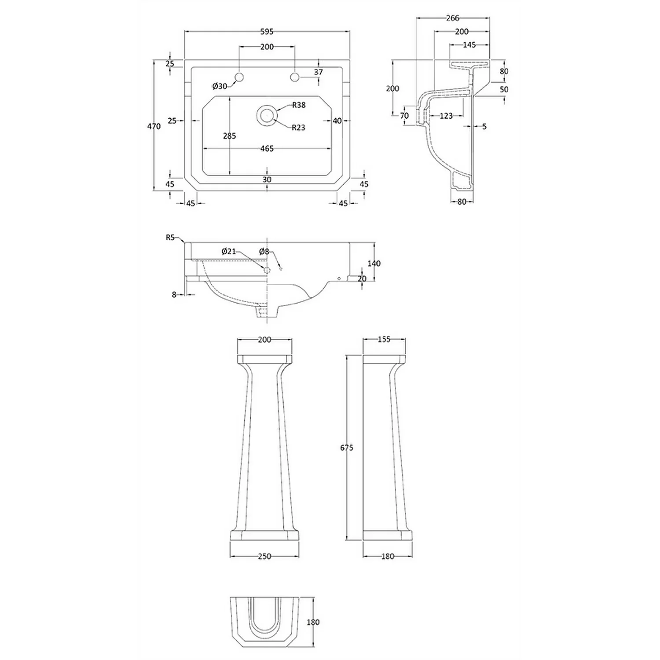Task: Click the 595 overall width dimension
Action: coord(267,32)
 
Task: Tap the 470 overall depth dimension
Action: coord(154,126)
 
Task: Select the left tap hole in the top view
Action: coord(239,77)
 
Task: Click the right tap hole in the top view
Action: coord(295,77)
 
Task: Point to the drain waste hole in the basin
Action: coord(266,115)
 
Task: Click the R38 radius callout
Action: coord(299,105)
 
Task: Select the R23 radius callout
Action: coord(298,128)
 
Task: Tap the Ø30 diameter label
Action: coord(220,86)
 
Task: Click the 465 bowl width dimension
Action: coord(267,149)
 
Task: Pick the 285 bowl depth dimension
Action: coord(229,136)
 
